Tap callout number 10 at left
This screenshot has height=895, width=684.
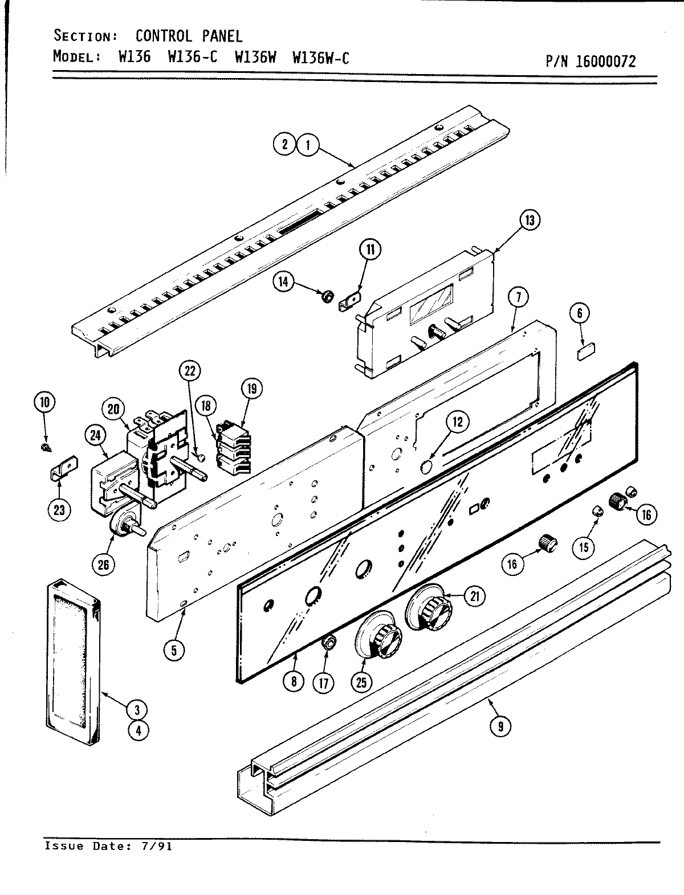coord(44,402)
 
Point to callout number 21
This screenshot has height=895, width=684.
coord(474,596)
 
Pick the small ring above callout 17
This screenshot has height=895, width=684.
coord(328,643)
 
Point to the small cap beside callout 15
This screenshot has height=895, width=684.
coord(597,510)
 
